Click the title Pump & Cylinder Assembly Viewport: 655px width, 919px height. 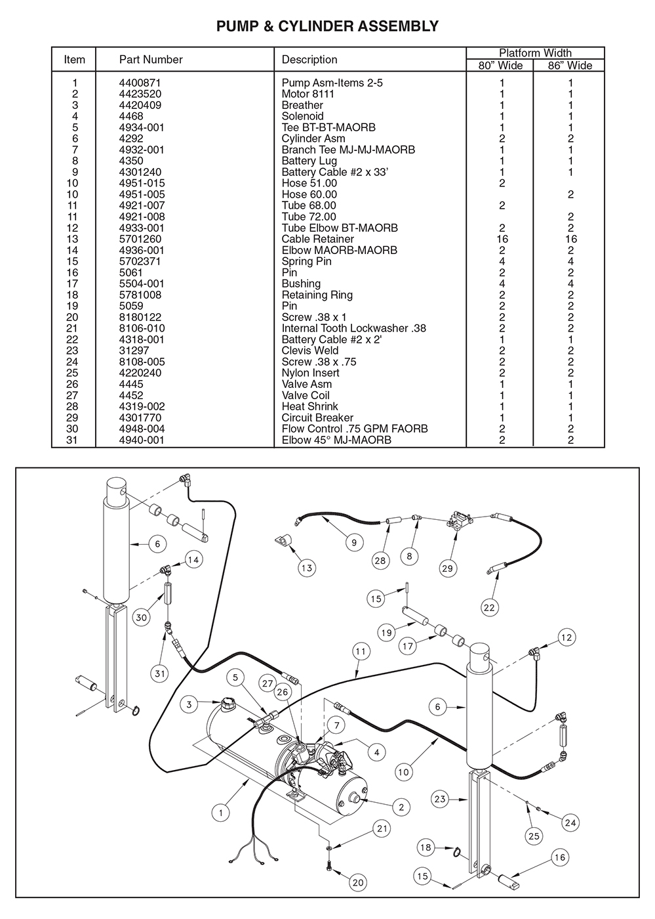coord(327,26)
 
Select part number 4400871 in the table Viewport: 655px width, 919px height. coord(140,83)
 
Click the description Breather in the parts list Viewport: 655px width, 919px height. coord(302,105)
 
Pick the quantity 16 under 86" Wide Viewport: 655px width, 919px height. coord(570,239)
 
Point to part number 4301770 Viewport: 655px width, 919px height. coord(140,417)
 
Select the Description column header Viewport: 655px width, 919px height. coord(309,59)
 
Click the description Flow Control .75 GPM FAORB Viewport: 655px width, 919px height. coord(355,429)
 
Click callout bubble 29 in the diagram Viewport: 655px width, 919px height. coord(448,568)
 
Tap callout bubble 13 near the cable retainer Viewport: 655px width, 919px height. coord(307,568)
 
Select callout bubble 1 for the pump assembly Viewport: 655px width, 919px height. coord(221,813)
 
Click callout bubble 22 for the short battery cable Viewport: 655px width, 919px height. coord(489,607)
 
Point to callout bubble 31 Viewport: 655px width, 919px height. coord(160,673)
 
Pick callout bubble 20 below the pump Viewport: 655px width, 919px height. coord(358,882)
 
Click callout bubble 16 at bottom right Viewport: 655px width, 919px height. coord(559,857)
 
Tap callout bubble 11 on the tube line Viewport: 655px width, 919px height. coord(361,652)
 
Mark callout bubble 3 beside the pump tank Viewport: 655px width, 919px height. coord(189,704)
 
